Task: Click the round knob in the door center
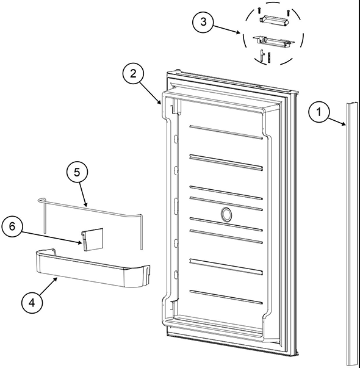(x=225, y=214)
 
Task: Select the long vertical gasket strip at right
(x=352, y=232)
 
